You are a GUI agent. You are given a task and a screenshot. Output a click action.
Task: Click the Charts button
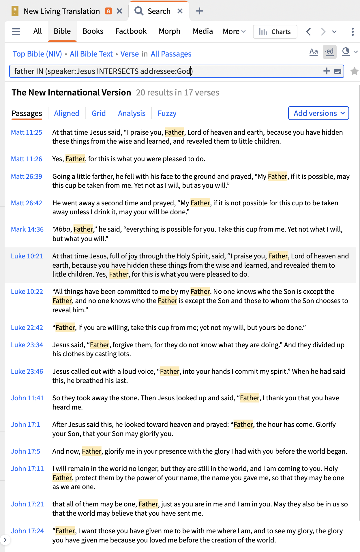point(275,32)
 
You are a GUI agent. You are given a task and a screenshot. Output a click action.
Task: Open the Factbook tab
point(131,31)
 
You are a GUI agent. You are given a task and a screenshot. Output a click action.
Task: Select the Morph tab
point(169,31)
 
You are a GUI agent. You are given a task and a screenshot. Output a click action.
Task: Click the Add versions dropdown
point(318,113)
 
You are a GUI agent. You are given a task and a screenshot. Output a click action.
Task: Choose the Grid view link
point(99,113)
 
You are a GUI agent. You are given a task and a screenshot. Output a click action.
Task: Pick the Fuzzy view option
point(167,113)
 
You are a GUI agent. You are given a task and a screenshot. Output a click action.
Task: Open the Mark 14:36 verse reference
point(27,229)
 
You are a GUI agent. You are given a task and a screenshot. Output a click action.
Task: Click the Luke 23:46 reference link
point(27,371)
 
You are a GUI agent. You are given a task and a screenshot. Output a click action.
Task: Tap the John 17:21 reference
point(27,504)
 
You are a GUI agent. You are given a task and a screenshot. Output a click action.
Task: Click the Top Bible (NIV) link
point(37,54)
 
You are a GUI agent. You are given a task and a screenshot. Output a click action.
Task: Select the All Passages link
point(171,54)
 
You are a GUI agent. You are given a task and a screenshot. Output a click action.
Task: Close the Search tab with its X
point(180,11)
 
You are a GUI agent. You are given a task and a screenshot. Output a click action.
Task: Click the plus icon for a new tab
point(199,11)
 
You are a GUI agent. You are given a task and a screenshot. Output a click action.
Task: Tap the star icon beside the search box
point(354,71)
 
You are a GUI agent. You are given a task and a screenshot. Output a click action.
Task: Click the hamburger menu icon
point(16,31)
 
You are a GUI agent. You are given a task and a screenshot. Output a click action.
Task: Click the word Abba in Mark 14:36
point(62,229)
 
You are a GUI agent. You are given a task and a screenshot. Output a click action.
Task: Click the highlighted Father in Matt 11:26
point(75,159)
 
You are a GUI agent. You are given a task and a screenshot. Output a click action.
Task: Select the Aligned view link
point(67,113)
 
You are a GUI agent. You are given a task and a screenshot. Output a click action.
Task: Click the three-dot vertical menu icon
point(352,31)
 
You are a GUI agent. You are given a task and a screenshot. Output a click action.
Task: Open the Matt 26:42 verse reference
point(27,203)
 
